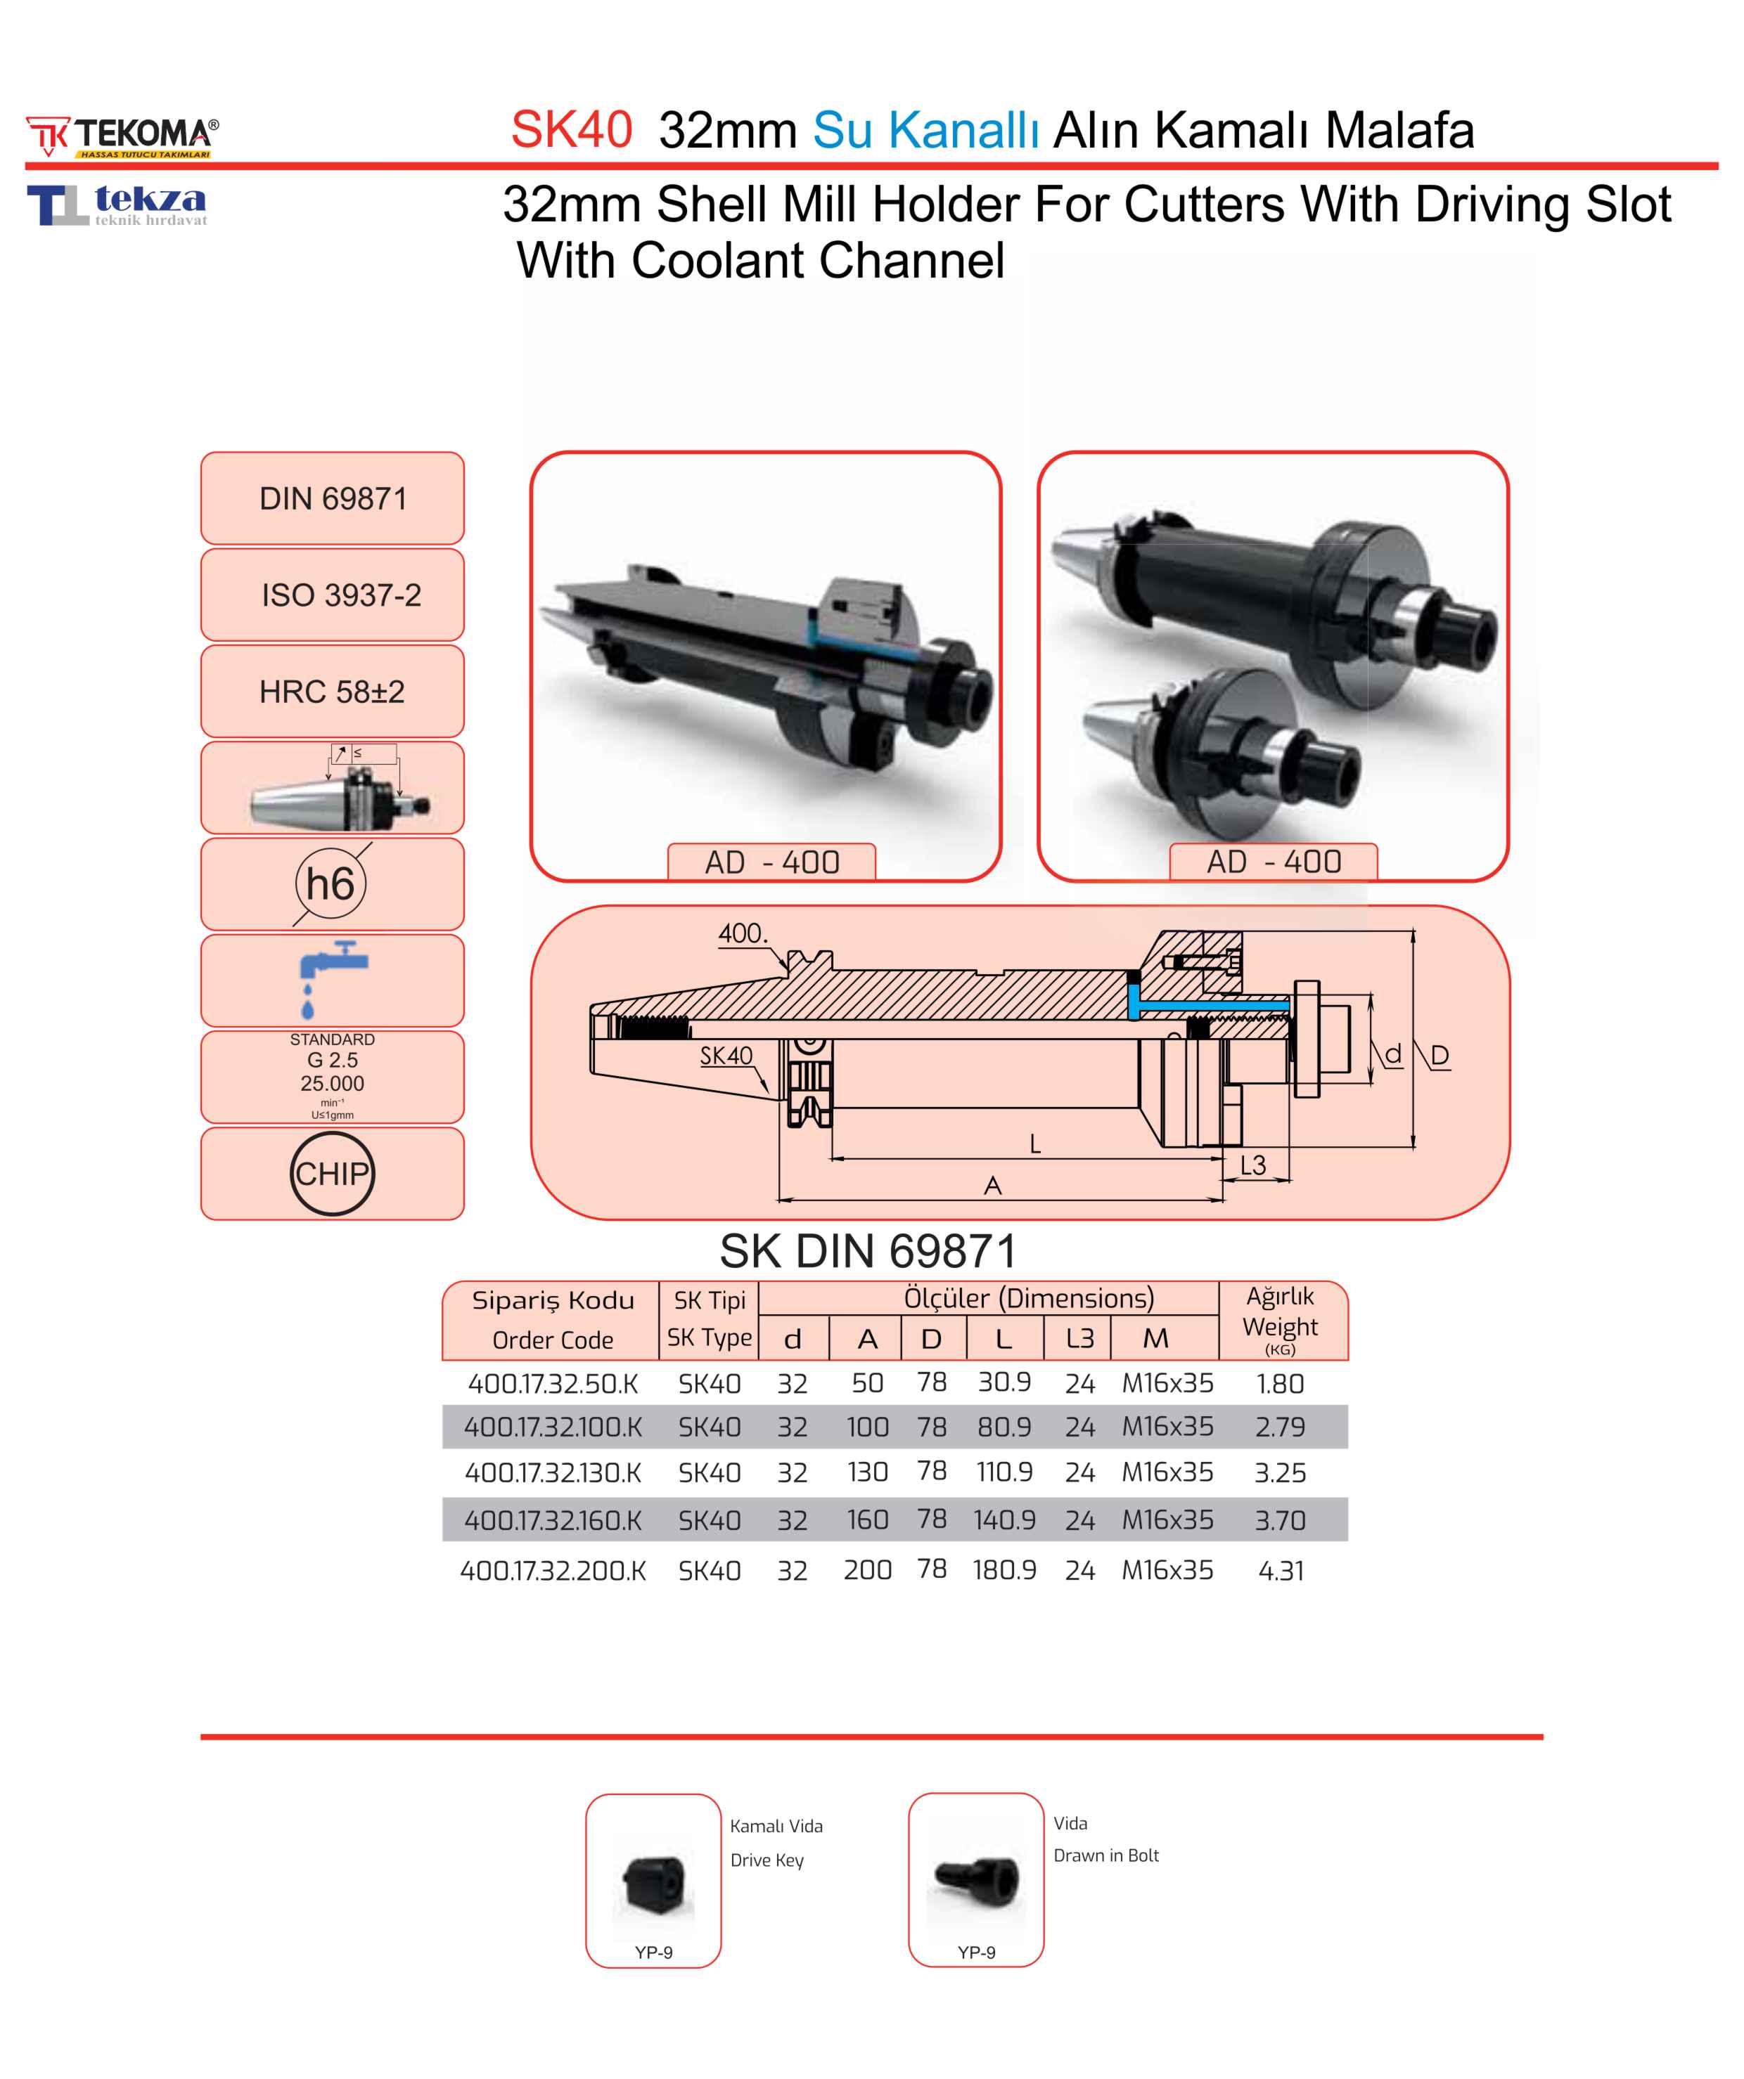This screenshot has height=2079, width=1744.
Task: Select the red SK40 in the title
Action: click(572, 130)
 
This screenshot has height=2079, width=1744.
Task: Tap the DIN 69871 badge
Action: click(333, 498)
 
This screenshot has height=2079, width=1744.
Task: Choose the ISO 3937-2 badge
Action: click(333, 595)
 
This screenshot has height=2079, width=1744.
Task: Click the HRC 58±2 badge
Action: click(333, 691)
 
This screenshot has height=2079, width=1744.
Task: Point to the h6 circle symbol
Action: click(331, 883)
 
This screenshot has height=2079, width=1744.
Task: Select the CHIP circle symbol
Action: click(333, 1173)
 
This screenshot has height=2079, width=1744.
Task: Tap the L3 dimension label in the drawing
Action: click(1252, 1165)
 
